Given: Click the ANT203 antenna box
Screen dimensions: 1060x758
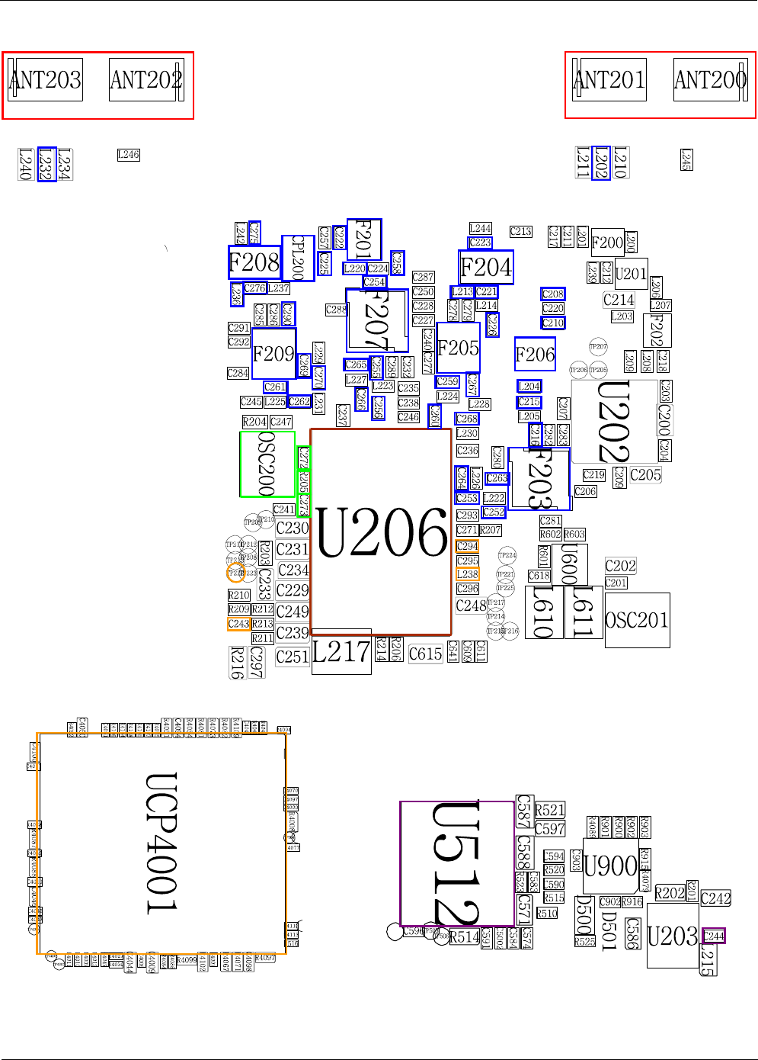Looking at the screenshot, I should (x=45, y=80).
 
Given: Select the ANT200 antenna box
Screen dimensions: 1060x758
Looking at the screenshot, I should (x=710, y=80).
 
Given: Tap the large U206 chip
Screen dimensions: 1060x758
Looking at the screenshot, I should (x=381, y=532).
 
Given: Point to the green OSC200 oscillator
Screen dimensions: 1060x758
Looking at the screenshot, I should (x=267, y=464).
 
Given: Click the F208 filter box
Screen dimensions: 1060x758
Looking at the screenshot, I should (x=254, y=263).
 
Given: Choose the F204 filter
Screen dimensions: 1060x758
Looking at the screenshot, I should (x=486, y=268).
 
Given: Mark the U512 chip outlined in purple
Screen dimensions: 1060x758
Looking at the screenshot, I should (x=457, y=863).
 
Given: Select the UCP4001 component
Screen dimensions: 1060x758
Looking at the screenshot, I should (x=162, y=843).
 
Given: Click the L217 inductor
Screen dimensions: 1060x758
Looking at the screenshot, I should (x=341, y=652).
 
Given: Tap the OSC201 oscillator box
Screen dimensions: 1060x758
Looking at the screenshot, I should (x=637, y=620).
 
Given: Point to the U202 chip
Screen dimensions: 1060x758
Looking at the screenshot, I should (x=614, y=422).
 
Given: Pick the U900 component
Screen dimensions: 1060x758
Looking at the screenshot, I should (x=610, y=866).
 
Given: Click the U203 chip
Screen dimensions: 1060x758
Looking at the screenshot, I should (x=673, y=936).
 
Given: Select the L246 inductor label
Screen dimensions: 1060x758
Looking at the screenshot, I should (x=128, y=155).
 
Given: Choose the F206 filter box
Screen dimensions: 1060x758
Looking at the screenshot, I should (x=535, y=355).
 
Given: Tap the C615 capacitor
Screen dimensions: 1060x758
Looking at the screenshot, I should (x=425, y=654).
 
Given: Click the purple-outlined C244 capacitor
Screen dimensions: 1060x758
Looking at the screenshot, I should (x=714, y=936).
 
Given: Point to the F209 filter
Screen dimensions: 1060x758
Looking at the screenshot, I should (x=273, y=354).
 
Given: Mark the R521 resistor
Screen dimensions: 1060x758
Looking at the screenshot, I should (x=550, y=811).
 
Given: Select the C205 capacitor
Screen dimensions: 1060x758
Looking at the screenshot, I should (x=645, y=475).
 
